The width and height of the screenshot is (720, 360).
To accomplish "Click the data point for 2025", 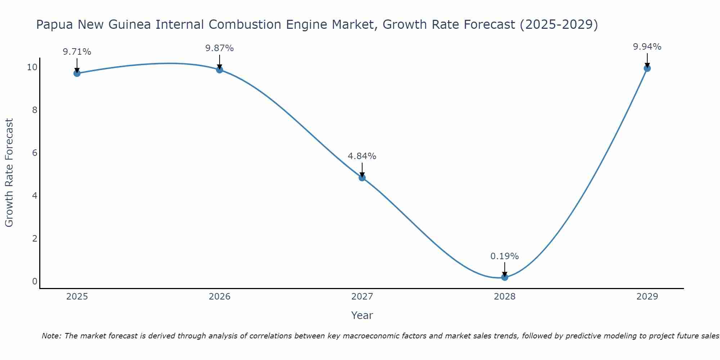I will (x=77, y=73).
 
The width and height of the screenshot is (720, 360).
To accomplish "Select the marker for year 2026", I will (x=220, y=70).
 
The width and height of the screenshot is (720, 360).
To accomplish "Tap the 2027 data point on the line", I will (x=362, y=177).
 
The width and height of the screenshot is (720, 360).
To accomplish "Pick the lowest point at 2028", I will (x=505, y=277).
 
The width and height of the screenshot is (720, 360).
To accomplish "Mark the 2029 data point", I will (x=647, y=68).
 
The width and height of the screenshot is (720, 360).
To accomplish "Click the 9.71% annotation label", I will (x=77, y=52).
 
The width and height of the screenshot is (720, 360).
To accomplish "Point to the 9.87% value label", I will (x=220, y=48).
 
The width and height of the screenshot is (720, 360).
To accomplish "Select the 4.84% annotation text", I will (x=362, y=156).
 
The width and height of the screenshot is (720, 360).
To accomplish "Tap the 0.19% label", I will (x=505, y=256).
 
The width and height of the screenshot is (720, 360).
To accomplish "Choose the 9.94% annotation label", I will (x=647, y=47).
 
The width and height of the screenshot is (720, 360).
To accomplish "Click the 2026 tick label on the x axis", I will (x=220, y=297).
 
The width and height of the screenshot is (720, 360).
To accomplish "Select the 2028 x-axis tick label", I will (x=505, y=297).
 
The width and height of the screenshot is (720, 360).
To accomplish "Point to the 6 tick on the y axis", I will (x=35, y=153).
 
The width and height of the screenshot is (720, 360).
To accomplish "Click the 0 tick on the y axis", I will (x=35, y=281).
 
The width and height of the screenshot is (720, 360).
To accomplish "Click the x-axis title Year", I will (x=362, y=315).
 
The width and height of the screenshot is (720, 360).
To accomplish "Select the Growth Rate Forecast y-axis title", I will (x=9, y=172).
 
